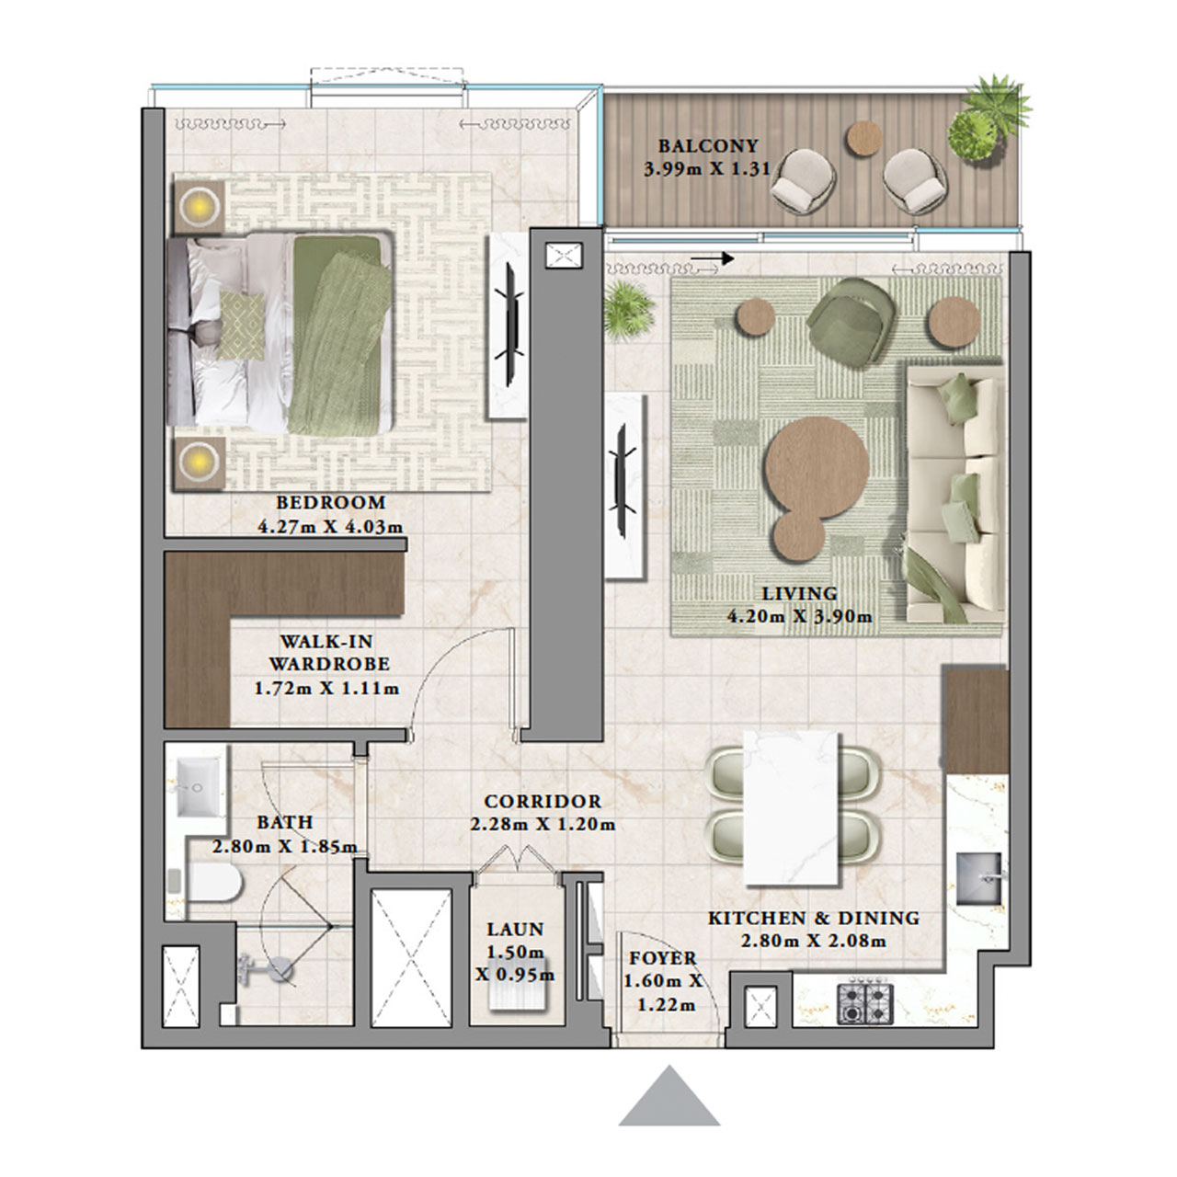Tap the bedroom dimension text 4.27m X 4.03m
click(331, 528)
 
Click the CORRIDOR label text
click(543, 802)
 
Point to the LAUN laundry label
click(515, 930)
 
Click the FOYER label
click(663, 958)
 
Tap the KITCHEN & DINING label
click(813, 918)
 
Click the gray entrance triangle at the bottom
click(669, 1099)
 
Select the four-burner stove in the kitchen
click(864, 1003)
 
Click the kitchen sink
click(980, 877)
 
